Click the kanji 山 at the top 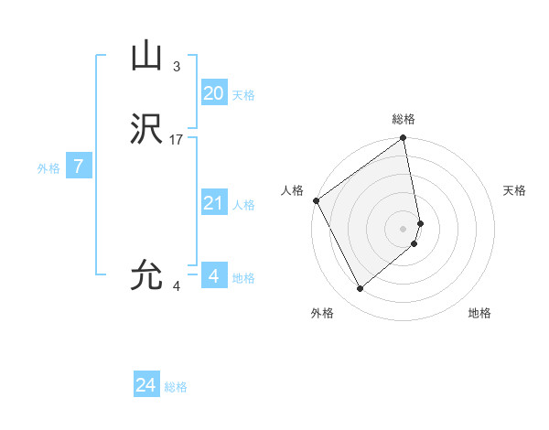pos(146,57)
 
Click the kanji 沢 pos(146,131)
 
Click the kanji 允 pos(146,274)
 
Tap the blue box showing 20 pos(213,92)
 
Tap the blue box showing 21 pos(213,202)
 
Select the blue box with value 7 pos(79,167)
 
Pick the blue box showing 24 pos(145,385)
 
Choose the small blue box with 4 pos(213,275)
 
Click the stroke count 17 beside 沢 pos(177,140)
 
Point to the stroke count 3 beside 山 pos(176,66)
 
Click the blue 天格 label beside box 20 pos(243,95)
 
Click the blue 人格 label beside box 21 pos(243,205)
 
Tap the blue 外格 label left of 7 pos(48,168)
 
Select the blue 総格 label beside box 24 pos(176,388)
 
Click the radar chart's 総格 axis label pos(404,119)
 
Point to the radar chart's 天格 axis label pos(515,190)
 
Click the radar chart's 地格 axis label pos(479,313)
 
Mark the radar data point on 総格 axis pos(404,139)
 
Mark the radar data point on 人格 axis pos(316,200)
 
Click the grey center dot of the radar pos(404,228)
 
